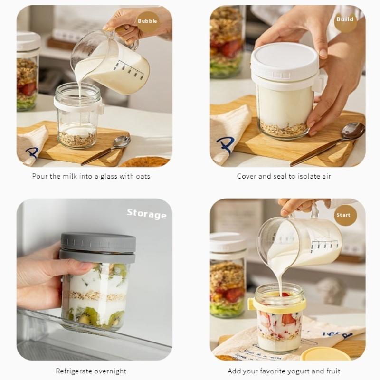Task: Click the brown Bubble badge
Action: pyautogui.click(x=147, y=21)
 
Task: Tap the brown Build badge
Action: pyautogui.click(x=345, y=19)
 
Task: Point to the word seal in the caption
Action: pyautogui.click(x=281, y=176)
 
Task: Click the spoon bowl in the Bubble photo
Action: pyautogui.click(x=122, y=141)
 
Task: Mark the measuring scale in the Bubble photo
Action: pyautogui.click(x=129, y=70)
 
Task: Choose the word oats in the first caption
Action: pyautogui.click(x=143, y=176)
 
